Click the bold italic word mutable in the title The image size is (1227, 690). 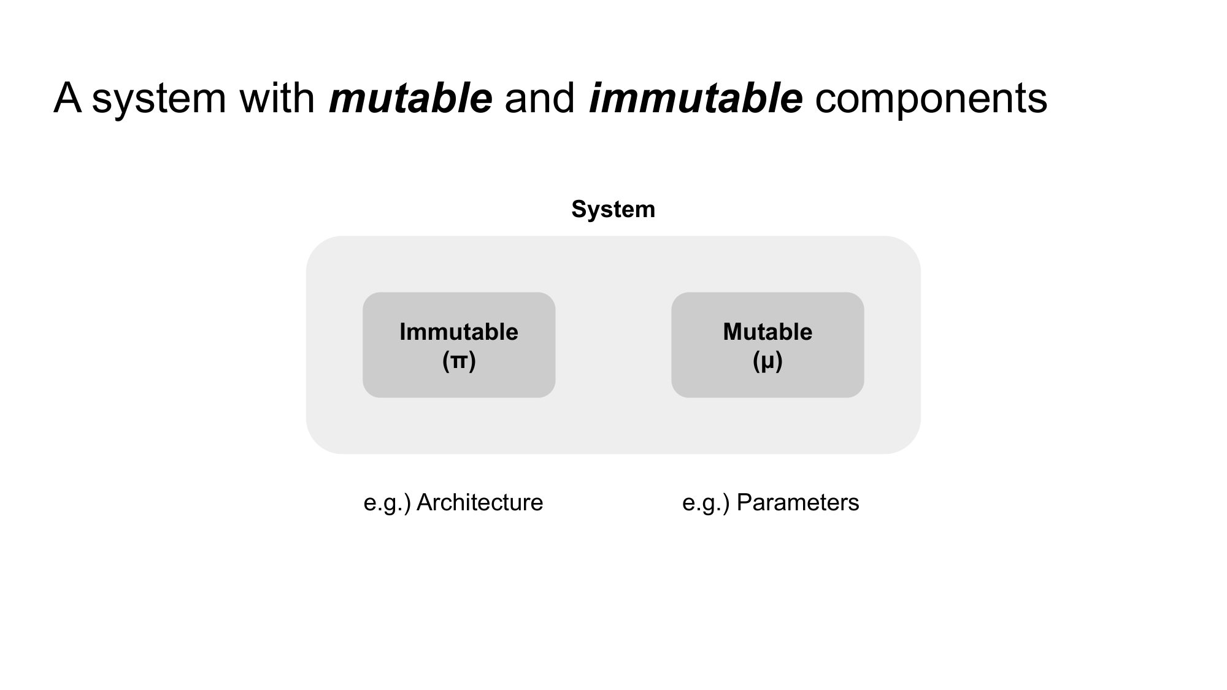click(x=410, y=98)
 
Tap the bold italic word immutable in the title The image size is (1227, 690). click(x=695, y=98)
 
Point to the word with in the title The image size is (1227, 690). click(x=277, y=98)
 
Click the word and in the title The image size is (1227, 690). click(x=539, y=98)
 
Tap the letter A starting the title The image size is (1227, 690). click(x=67, y=98)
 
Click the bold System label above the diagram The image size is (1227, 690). click(x=613, y=210)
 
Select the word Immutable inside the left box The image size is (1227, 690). click(x=459, y=332)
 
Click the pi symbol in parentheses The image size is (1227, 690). click(x=459, y=361)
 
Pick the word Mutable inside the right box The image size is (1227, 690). click(x=767, y=332)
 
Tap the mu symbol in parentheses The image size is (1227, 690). click(x=767, y=361)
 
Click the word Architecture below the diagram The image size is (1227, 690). click(x=480, y=503)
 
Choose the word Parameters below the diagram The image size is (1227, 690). click(x=798, y=503)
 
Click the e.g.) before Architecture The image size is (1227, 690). click(x=387, y=503)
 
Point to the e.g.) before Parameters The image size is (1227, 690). click(x=706, y=503)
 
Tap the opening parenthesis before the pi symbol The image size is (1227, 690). click(x=445, y=361)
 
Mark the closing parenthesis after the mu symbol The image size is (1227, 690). click(x=779, y=361)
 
